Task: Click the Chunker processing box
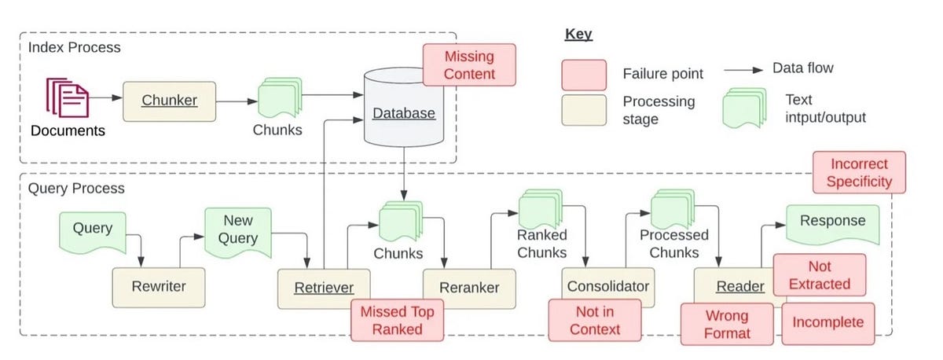tap(169, 101)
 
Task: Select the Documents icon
tap(68, 97)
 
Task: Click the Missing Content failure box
tap(470, 64)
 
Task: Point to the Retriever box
tap(324, 288)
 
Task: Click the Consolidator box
tap(609, 287)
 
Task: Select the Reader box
tap(739, 287)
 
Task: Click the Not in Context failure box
tap(595, 320)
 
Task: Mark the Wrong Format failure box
tap(727, 324)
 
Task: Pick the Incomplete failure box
tap(827, 322)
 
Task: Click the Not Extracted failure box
tap(819, 275)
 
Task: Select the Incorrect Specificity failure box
tap(859, 173)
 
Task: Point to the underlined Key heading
tap(578, 35)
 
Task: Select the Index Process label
tap(75, 47)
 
